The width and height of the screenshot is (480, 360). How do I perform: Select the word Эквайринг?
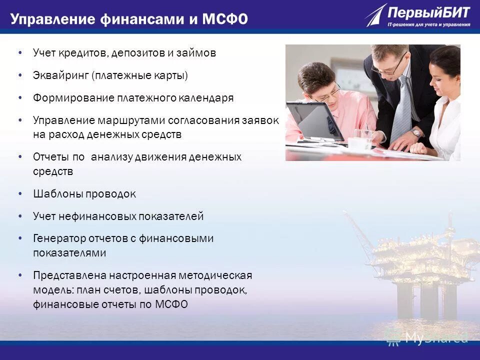[60, 75]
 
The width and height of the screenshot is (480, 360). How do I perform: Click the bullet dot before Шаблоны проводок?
[20, 193]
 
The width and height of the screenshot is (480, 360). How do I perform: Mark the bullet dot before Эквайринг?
[20, 75]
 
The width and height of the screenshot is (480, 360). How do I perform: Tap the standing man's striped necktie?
[400, 110]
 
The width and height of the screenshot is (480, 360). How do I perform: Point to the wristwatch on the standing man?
[416, 133]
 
